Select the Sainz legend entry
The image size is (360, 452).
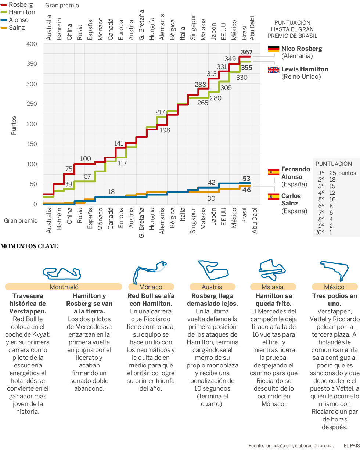pos(17,28)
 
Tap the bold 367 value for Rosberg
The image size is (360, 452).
pos(247,52)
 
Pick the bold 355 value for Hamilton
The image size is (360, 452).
pos(247,68)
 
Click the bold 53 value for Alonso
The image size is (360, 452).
pos(246,179)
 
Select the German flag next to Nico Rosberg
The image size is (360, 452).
pos(274,49)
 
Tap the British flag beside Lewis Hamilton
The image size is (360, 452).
pos(274,69)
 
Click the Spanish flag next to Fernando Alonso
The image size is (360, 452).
pos(274,172)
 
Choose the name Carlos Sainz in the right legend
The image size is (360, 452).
pos(291,200)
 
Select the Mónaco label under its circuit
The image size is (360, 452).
pos(151,287)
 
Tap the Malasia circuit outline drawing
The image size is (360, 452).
pos(272,270)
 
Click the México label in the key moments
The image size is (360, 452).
pos(334,287)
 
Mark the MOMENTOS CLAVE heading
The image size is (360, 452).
pos(29,246)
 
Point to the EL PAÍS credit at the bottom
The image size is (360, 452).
pos(352,446)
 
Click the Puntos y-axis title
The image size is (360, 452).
pos(14,125)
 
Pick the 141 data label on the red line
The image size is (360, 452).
pos(119,143)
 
